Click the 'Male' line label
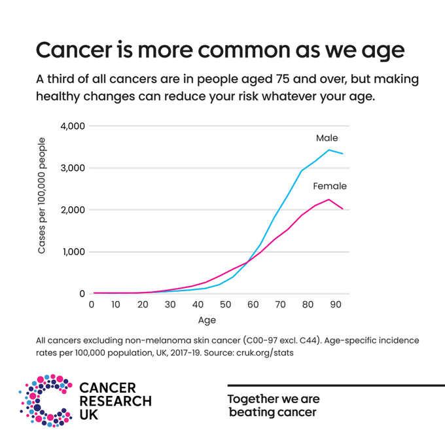[x=327, y=138]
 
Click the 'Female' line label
[x=330, y=186]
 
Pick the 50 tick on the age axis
[x=224, y=305]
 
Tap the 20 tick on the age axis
[x=143, y=305]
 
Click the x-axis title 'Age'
[x=207, y=321]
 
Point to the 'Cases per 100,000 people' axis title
[x=42, y=196]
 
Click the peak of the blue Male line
[x=329, y=150]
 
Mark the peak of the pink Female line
[x=329, y=200]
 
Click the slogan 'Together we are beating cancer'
[x=272, y=405]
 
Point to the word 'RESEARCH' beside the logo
[x=115, y=401]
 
